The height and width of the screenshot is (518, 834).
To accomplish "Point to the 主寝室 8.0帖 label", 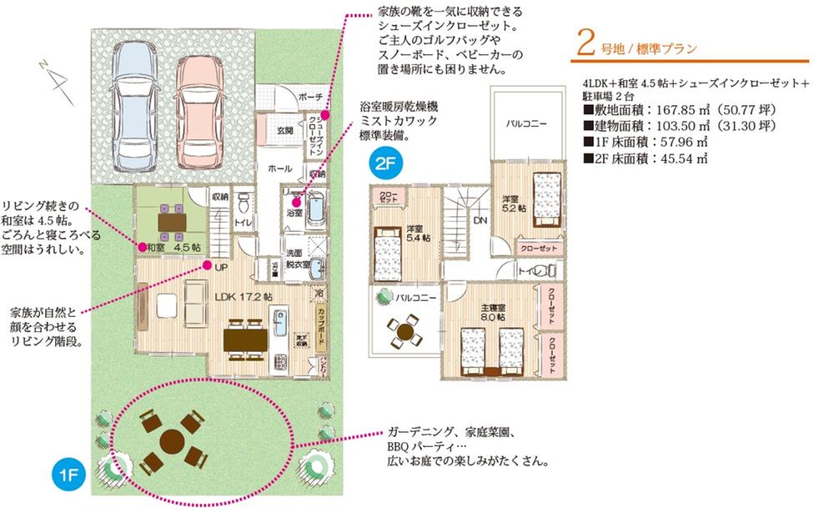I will [493, 313].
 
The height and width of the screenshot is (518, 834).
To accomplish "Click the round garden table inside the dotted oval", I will [171, 441].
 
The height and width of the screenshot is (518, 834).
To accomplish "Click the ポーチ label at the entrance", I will [309, 97].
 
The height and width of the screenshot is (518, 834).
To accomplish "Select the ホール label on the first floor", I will [279, 168].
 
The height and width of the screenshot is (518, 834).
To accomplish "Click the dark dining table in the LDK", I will [245, 340].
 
